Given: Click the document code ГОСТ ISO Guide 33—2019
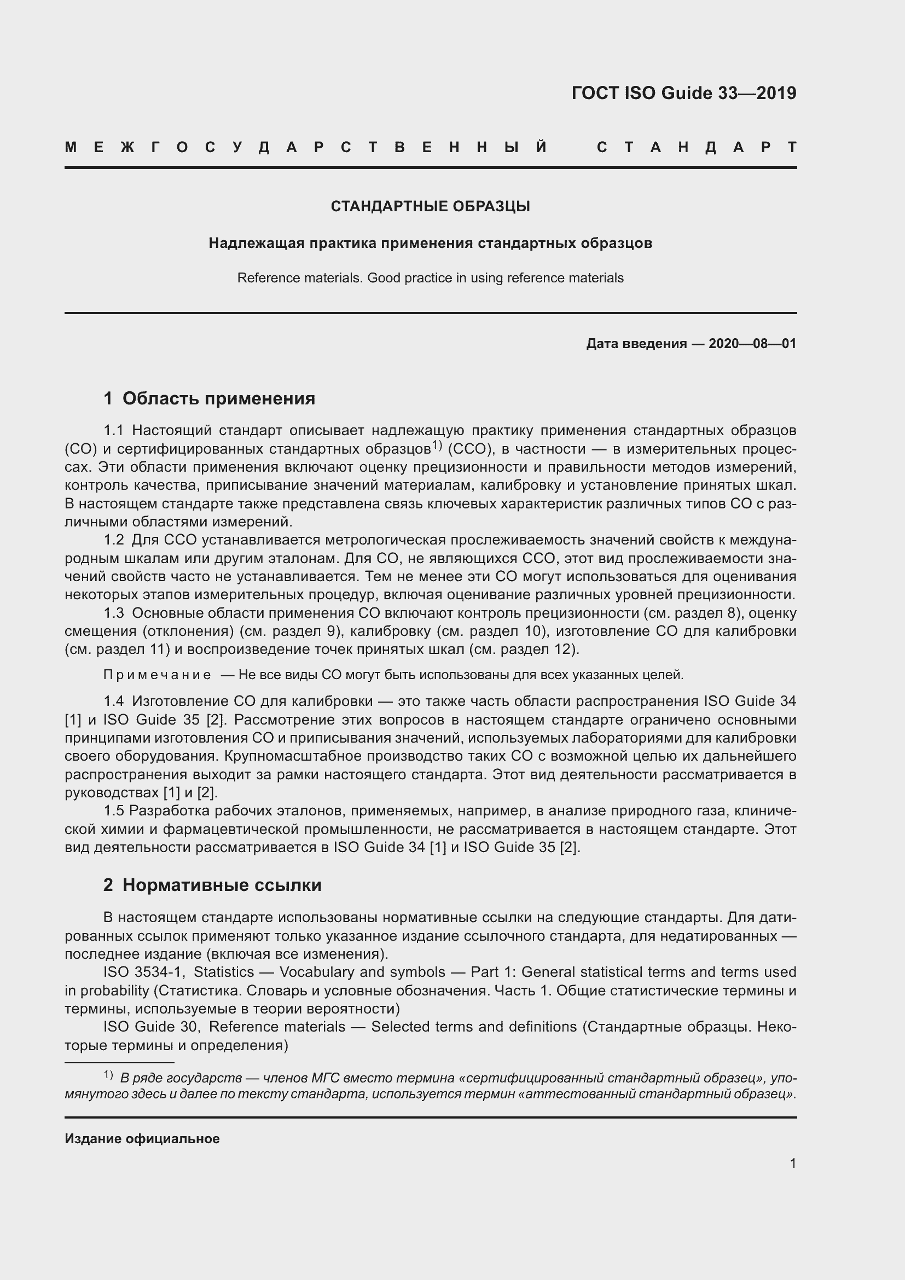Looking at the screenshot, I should point(684,93).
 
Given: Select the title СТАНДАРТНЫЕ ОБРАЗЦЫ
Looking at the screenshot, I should point(430,206).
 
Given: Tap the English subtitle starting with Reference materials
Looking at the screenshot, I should point(430,277).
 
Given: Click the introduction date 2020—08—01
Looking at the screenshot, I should point(752,344).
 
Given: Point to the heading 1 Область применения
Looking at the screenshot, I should point(210,398).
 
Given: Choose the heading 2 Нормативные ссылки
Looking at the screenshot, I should point(212,885).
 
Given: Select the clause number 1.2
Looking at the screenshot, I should point(113,540).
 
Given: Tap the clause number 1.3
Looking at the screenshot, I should point(113,613).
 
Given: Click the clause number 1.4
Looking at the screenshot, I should point(113,701).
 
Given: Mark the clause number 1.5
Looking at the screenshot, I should point(113,810).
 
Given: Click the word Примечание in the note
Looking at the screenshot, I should point(157,675).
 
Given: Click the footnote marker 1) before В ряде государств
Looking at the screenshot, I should point(108,1075).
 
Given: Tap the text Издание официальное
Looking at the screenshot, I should point(142,1138).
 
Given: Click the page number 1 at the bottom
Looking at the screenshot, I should point(792,1163).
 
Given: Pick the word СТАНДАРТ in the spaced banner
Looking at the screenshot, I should point(697,147).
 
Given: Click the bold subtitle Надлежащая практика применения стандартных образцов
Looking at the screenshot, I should point(430,243).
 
